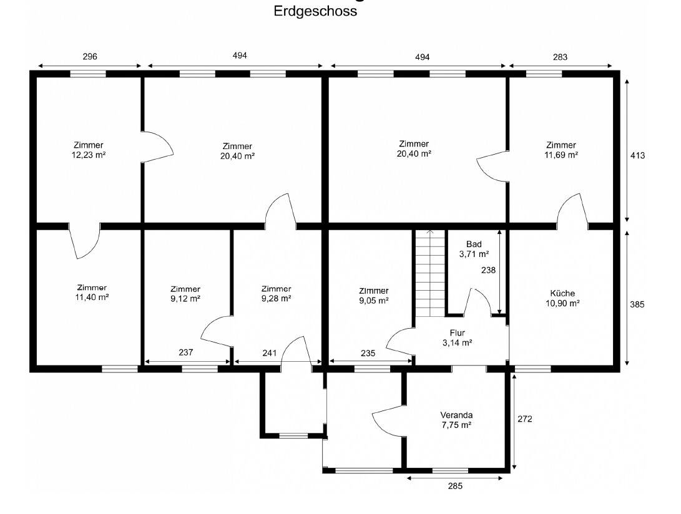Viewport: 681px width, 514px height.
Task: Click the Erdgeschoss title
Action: click(315, 11)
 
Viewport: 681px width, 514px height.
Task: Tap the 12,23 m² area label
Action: click(89, 155)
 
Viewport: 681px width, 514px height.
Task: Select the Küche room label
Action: click(562, 293)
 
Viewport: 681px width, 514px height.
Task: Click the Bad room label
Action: click(474, 244)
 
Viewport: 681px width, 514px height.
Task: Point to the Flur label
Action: click(458, 332)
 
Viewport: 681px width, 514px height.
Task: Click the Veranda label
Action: click(456, 415)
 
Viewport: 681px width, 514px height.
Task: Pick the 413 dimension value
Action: click(637, 155)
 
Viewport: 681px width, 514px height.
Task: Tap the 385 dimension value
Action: click(637, 304)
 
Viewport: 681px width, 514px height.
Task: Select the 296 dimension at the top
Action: click(90, 56)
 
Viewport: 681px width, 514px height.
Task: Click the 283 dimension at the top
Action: click(561, 57)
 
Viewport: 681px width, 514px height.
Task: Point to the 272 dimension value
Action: click(525, 419)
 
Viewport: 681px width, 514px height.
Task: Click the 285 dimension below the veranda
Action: click(455, 486)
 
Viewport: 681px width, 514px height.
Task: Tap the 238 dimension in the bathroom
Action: click(488, 270)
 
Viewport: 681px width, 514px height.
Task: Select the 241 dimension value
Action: click(269, 353)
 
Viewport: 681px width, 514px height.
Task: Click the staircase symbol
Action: click(431, 273)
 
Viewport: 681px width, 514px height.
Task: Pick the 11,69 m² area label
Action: click(561, 155)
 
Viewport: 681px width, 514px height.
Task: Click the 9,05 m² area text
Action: click(373, 301)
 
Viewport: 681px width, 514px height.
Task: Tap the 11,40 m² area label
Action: click(92, 297)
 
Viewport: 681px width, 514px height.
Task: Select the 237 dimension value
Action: click(185, 352)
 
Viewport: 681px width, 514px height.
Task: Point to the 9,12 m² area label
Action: click(185, 298)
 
